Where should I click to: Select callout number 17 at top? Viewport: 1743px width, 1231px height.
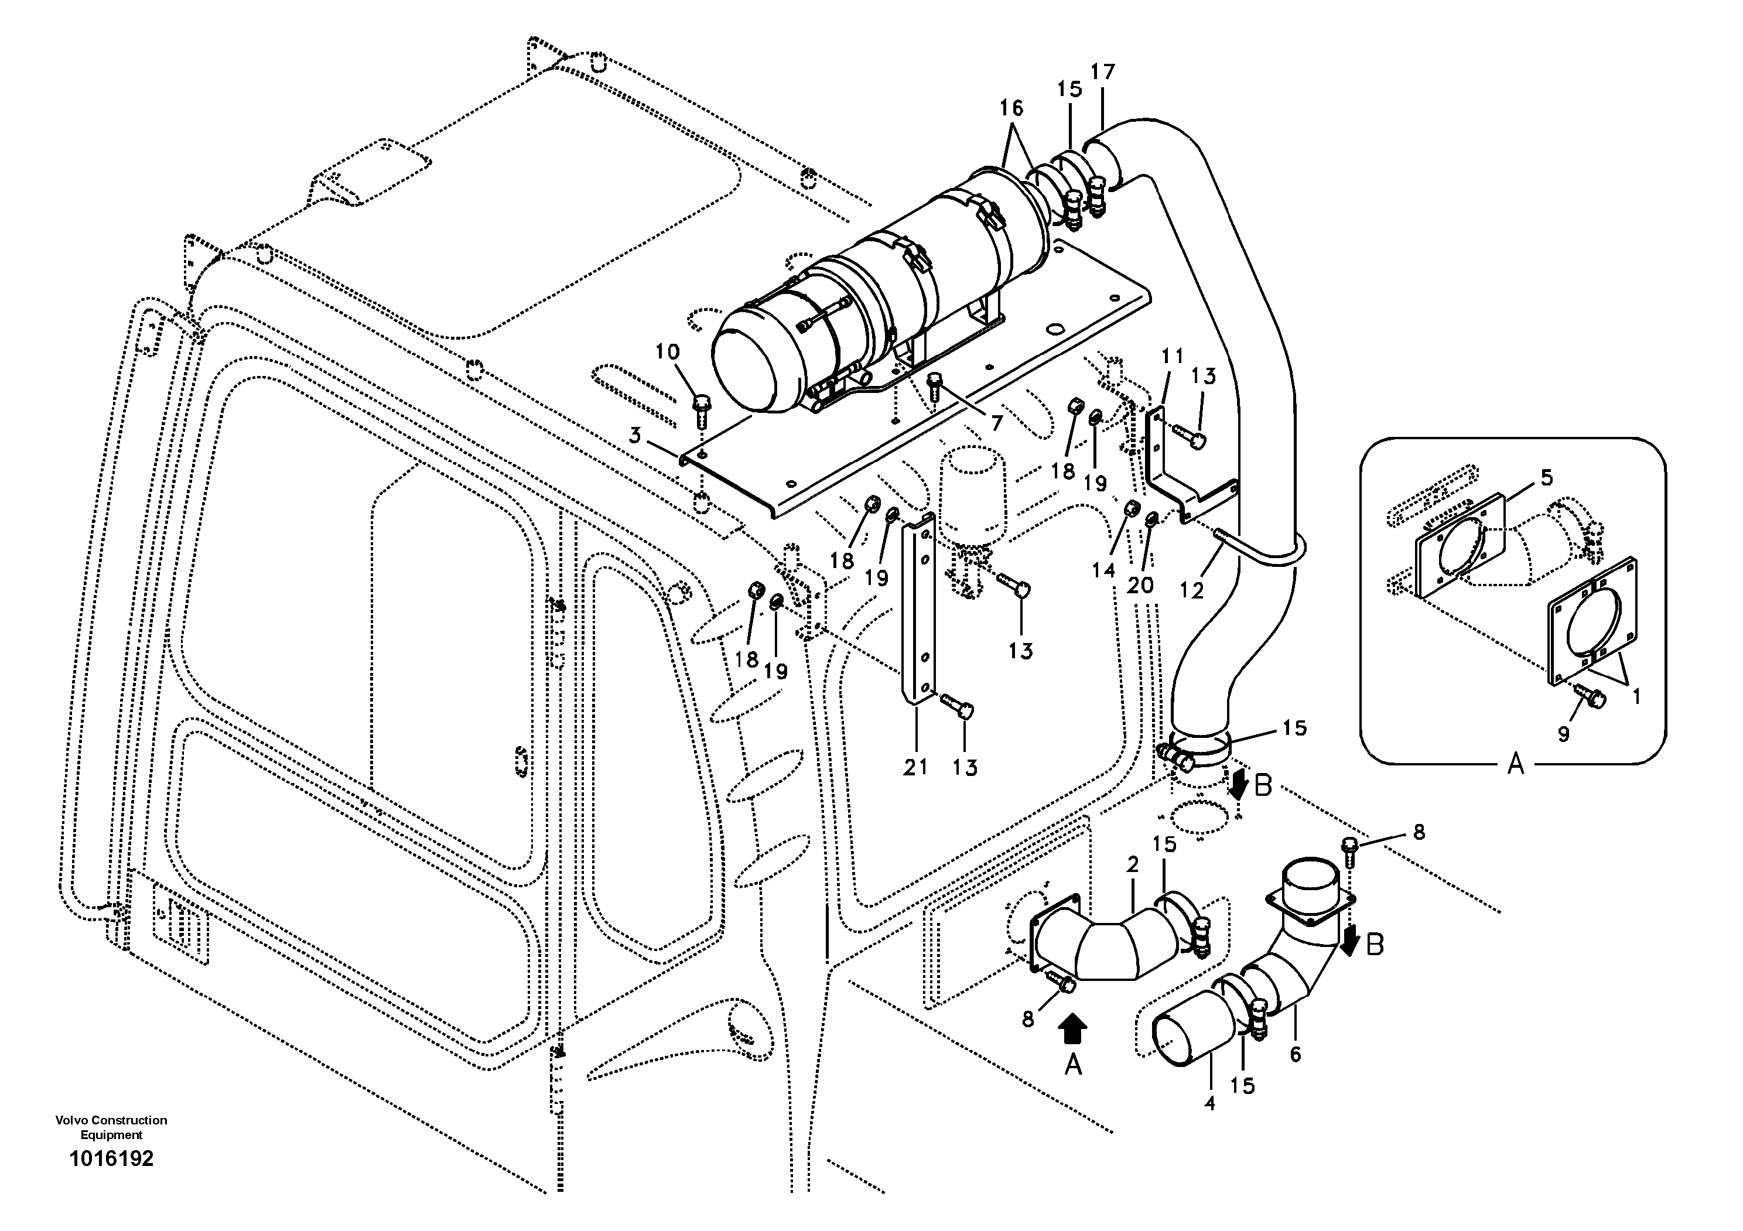click(x=1102, y=72)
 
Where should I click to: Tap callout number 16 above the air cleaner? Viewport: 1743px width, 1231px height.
click(x=1011, y=108)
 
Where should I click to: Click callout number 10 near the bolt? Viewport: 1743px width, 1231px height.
click(x=668, y=351)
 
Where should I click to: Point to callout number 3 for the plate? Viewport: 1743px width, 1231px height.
click(x=635, y=436)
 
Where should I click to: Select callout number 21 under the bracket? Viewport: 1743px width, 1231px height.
click(x=915, y=767)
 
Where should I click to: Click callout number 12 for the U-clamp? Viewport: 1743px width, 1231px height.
click(x=1191, y=590)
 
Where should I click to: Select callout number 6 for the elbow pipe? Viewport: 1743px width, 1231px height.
click(x=1295, y=1054)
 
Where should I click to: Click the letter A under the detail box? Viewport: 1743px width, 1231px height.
click(x=1515, y=765)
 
